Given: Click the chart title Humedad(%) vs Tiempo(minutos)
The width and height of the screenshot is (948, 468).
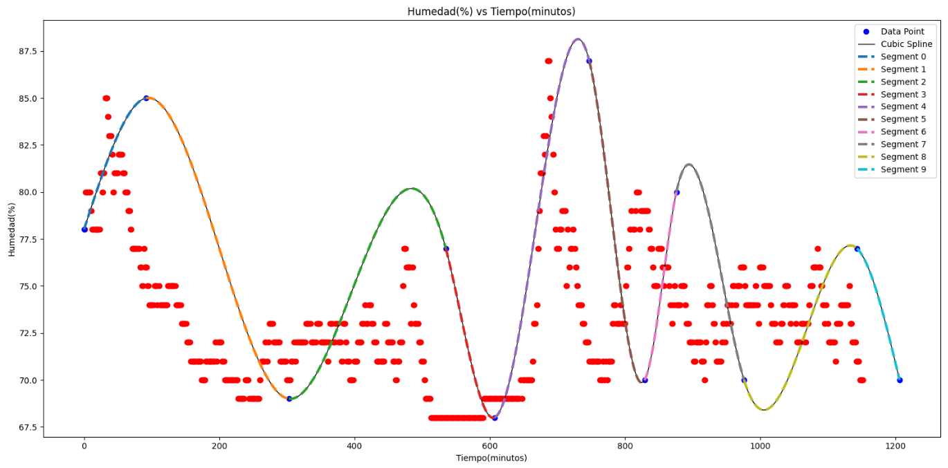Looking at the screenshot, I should tap(491, 11).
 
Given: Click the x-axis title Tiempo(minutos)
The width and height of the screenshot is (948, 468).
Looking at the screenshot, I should tap(491, 458).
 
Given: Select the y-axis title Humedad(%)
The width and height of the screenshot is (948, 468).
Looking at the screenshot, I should tap(12, 230).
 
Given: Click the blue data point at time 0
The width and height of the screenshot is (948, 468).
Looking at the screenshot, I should tap(84, 230).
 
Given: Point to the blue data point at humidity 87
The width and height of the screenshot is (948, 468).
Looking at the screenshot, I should tap(589, 61).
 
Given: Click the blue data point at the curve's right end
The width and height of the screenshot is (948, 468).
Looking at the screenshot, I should tap(900, 380).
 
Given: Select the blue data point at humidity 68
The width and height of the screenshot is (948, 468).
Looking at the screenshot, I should tap(495, 418).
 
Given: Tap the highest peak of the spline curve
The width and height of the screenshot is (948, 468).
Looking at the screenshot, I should tap(578, 39).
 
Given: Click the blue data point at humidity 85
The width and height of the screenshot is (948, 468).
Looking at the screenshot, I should tap(146, 98).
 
